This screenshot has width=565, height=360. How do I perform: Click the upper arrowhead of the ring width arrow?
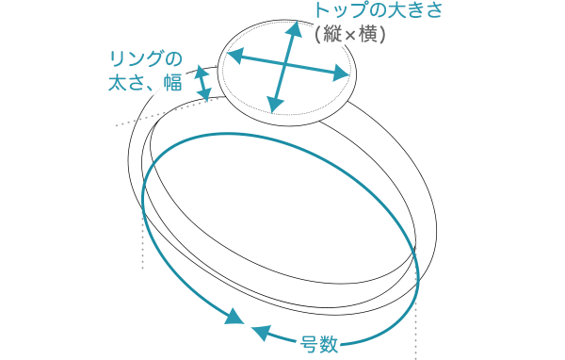tap(202, 71)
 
